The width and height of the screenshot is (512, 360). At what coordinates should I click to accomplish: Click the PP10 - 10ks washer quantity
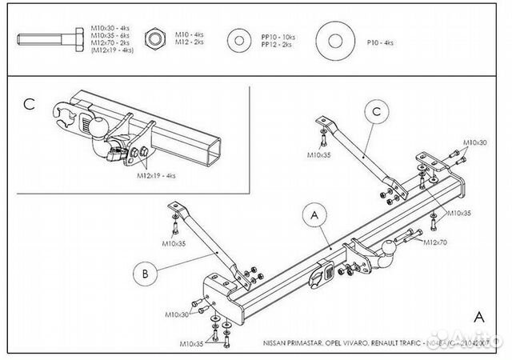278,36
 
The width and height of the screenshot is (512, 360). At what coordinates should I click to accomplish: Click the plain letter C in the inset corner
30,103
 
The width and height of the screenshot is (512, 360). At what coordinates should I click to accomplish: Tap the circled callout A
314,214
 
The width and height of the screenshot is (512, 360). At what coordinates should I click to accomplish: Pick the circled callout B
145,274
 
